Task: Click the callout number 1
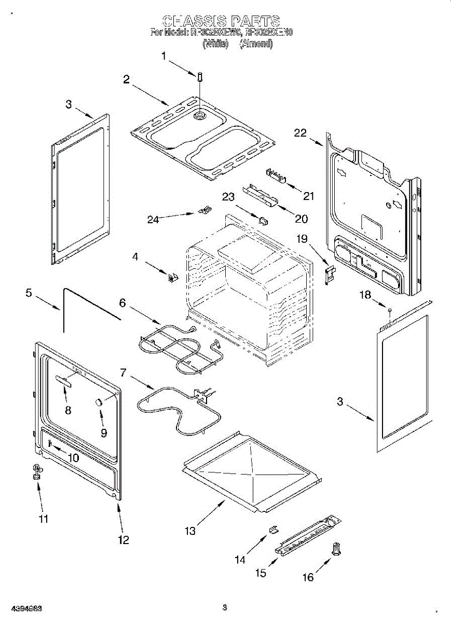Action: click(163, 56)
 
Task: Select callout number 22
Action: click(300, 133)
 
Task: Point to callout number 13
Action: click(190, 531)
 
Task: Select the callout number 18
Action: click(366, 295)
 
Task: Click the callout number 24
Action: click(153, 219)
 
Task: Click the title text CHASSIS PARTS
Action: click(222, 21)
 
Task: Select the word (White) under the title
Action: click(215, 44)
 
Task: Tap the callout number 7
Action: click(123, 372)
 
